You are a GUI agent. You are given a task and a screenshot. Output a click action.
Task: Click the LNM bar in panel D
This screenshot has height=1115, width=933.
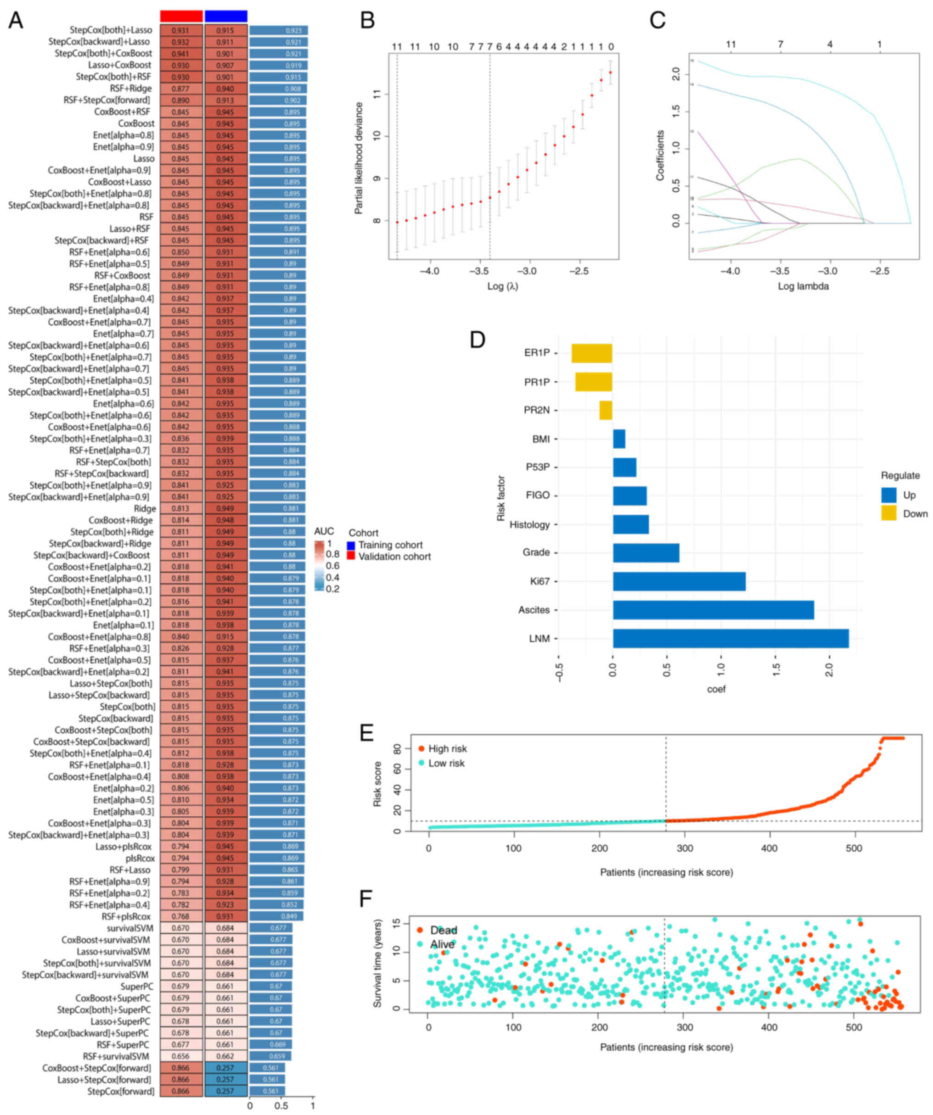point(731,638)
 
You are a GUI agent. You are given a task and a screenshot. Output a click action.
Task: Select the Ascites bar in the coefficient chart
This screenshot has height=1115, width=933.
point(713,609)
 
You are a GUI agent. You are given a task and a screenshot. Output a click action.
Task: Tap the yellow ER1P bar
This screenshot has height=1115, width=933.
point(591,353)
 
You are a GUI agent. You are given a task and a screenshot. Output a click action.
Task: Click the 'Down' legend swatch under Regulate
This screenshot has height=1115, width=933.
point(888,513)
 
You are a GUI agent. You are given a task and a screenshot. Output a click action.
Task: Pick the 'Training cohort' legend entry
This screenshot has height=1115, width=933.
point(390,545)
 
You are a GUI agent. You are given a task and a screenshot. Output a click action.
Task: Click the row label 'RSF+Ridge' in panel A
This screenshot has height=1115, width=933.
point(131,89)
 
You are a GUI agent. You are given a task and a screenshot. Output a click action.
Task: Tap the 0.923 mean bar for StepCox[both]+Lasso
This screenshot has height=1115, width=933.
point(278,31)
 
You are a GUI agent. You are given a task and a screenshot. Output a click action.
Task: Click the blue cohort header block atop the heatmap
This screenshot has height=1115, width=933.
point(226,16)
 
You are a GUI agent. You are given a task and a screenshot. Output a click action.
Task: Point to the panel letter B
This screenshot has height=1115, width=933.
point(367,21)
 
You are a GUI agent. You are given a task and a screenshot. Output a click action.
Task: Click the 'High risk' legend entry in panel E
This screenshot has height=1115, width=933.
point(447,749)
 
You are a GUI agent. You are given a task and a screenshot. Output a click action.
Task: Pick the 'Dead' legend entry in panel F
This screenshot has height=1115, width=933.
point(443,930)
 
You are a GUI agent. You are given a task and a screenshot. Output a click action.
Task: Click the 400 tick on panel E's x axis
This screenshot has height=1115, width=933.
point(770,848)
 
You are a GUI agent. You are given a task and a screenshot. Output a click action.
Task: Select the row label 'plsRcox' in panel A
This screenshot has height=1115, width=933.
point(140,858)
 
